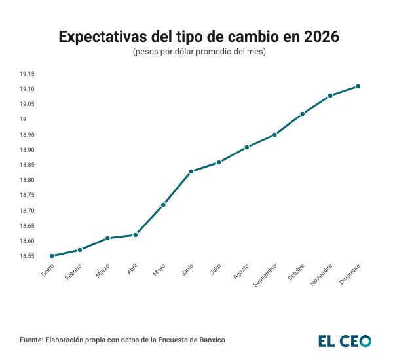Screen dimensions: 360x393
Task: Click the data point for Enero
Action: pyautogui.click(x=52, y=256)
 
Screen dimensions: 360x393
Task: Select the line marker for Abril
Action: pyautogui.click(x=136, y=235)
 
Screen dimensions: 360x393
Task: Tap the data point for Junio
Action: pyautogui.click(x=191, y=171)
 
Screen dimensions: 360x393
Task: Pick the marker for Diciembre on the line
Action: pyautogui.click(x=358, y=86)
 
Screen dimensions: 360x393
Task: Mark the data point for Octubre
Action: pyautogui.click(x=303, y=114)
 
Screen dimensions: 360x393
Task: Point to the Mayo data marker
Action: pyautogui.click(x=163, y=205)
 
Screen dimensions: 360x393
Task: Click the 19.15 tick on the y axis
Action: pyautogui.click(x=26, y=75)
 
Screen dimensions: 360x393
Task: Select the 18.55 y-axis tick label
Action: pyautogui.click(x=26, y=256)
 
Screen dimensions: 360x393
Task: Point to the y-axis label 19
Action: pyautogui.click(x=22, y=120)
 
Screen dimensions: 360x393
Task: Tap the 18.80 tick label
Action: pyautogui.click(x=26, y=180)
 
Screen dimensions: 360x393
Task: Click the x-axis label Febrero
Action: pyautogui.click(x=75, y=272)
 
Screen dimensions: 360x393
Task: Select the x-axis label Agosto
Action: pyautogui.click(x=242, y=272)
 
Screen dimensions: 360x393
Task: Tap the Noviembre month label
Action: pyautogui.click(x=321, y=275)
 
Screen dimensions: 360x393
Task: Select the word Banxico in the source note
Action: pyautogui.click(x=219, y=341)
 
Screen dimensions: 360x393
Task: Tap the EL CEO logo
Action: pyautogui.click(x=345, y=341)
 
